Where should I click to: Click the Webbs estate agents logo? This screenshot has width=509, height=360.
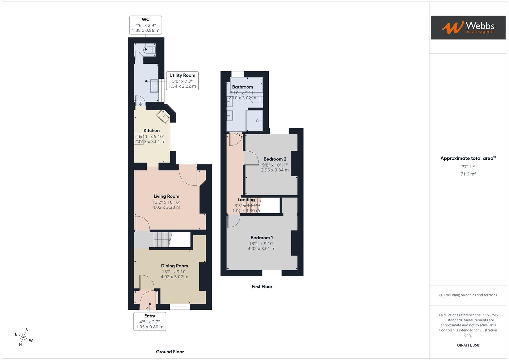coord(468,27)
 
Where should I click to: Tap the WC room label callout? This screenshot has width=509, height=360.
coord(146,25)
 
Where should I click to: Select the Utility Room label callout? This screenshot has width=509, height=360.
coord(182,81)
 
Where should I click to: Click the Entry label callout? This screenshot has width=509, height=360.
coord(150,321)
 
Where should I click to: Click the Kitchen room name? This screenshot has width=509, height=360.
coord(152,130)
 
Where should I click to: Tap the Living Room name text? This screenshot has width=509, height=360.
coord(166,196)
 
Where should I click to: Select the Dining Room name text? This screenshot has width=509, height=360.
coord(174,266)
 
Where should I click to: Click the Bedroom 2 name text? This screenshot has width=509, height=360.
coord(275,159)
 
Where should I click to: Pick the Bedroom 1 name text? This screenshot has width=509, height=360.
coord(262,238)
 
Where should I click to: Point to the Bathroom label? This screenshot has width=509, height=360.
coord(242,87)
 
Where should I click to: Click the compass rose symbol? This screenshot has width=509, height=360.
coord(24,337)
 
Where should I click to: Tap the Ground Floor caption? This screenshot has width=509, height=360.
coord(170,352)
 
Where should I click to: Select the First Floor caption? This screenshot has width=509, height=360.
coord(262,287)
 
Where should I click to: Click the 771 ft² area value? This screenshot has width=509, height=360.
coord(468,167)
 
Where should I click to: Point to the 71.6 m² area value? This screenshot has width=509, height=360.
coord(468,174)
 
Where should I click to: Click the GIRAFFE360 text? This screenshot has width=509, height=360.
coord(468,345)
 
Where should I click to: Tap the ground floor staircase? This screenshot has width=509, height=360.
coord(162,240)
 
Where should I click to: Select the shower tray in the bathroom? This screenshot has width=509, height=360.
coord(254,120)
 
